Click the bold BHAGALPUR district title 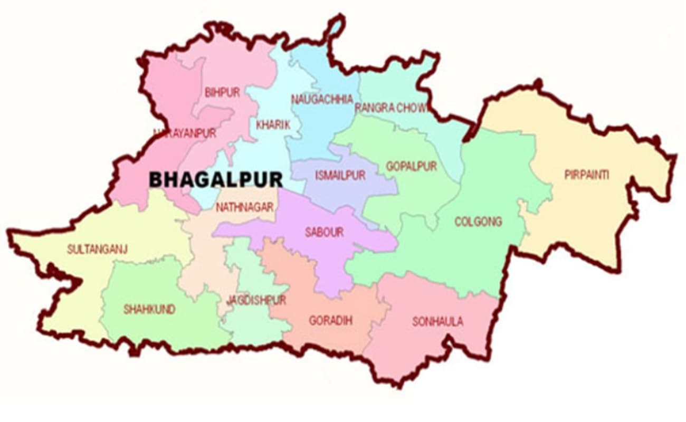tap(216, 179)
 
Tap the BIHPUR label tap(222, 93)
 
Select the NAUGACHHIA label tap(322, 99)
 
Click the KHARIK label tap(273, 125)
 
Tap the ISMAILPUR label tap(340, 176)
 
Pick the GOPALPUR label tap(412, 167)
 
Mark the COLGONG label tap(478, 222)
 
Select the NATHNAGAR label tap(244, 207)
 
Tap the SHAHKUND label tap(149, 310)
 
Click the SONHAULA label tap(438, 321)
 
